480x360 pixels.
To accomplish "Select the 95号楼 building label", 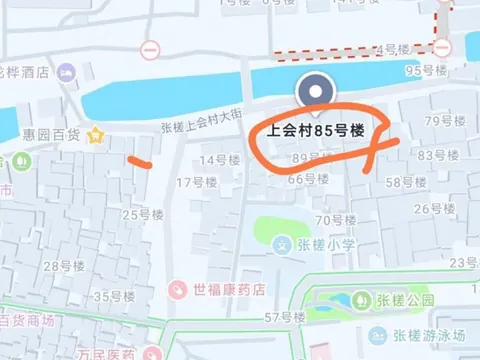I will point(425,71).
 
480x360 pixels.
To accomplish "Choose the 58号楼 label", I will point(406,182).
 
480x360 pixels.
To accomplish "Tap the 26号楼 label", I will point(434,208).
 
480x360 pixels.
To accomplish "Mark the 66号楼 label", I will point(308,180).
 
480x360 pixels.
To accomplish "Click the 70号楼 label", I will point(336,220).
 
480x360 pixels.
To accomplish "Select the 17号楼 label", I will point(197,182).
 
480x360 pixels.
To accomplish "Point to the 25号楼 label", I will point(142,214).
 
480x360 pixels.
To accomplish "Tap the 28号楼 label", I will point(65,265).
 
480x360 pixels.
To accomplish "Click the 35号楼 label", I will point(113,296).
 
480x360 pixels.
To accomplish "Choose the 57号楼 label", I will point(284,317).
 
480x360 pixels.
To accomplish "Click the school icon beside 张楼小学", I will point(283,244).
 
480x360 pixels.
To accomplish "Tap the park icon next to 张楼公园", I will point(359,299).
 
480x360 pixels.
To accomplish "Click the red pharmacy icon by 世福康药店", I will point(177,289).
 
